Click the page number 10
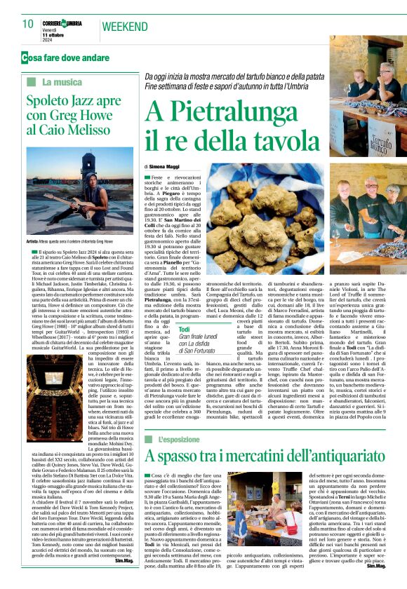tap(28, 24)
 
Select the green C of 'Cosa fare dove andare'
tap(25, 57)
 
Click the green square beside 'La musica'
tap(31, 82)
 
